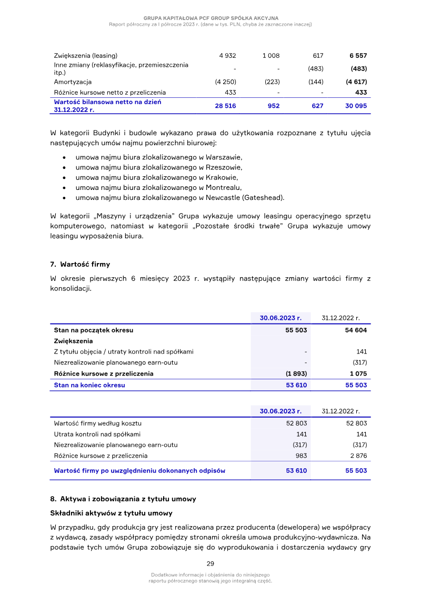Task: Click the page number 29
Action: tap(210, 563)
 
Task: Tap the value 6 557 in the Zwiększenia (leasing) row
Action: tap(358, 55)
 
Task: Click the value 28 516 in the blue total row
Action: tap(225, 106)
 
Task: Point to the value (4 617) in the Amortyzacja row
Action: tap(356, 82)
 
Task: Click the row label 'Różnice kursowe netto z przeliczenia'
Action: tap(109, 92)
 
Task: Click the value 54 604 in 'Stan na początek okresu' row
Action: tap(356, 330)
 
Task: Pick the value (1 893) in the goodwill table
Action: tap(296, 374)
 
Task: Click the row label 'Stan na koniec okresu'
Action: tap(89, 385)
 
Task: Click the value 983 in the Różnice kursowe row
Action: tap(299, 456)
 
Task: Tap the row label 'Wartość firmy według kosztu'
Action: tap(97, 423)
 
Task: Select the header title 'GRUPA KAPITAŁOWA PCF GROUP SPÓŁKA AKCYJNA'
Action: tap(210, 18)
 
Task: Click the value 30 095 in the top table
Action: tap(356, 106)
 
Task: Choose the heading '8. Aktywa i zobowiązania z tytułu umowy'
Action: tap(123, 499)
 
